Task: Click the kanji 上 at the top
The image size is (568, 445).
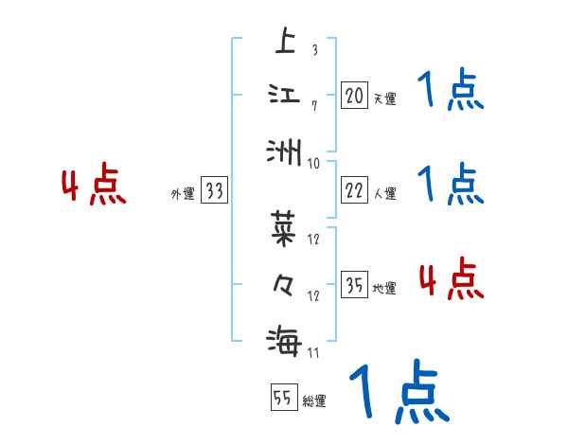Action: tap(284, 42)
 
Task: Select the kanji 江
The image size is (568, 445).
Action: tap(284, 95)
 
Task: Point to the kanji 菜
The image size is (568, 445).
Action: tap(284, 227)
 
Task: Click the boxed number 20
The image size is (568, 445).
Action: tap(354, 95)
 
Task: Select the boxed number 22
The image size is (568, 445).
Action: tap(354, 190)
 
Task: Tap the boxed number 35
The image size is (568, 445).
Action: tap(354, 284)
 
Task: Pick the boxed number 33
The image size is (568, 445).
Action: tap(215, 190)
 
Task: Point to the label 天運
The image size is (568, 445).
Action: tap(384, 98)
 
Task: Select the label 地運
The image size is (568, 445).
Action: tap(384, 288)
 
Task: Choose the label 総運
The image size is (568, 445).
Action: tap(314, 401)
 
